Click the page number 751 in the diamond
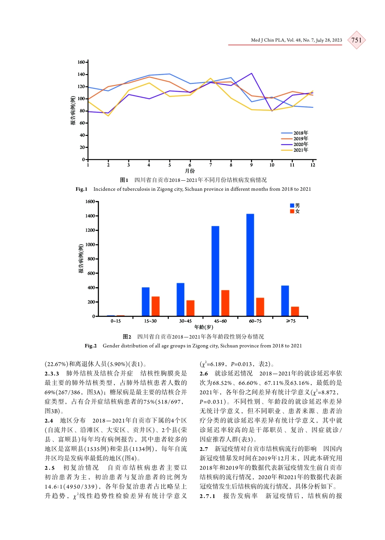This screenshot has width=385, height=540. (x=356, y=40)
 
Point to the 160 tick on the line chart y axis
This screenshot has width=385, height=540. (x=81, y=62)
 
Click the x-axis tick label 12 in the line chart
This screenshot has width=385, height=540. (x=312, y=165)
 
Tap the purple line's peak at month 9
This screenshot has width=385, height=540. (x=252, y=74)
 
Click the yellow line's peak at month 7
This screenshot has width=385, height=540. (x=211, y=79)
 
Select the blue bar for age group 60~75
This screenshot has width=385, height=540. (x=250, y=265)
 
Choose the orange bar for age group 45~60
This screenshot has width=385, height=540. (x=225, y=303)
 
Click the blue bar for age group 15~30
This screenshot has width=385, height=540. (x=145, y=302)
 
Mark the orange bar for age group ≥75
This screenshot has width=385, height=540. (x=295, y=311)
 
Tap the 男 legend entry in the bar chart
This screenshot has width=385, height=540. (x=295, y=206)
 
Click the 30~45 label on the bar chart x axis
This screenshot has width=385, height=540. (x=185, y=321)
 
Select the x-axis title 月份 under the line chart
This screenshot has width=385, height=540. (x=190, y=171)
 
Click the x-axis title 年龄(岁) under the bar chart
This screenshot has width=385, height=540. (x=203, y=327)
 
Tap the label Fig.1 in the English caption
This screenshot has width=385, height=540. (x=81, y=189)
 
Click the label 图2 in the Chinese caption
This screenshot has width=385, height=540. (x=127, y=337)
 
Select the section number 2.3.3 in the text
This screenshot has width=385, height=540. (x=52, y=374)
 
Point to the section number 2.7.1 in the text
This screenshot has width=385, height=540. (x=207, y=496)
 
